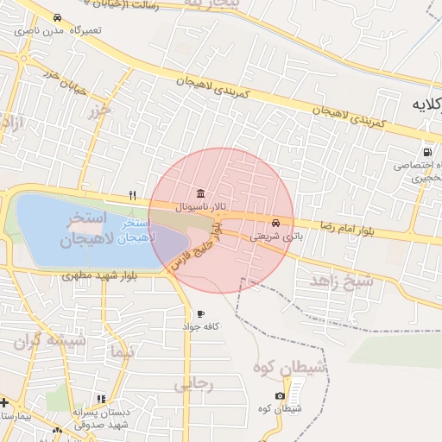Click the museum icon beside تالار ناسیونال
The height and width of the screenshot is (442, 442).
[x=200, y=193]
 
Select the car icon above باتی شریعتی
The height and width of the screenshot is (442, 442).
[x=275, y=221]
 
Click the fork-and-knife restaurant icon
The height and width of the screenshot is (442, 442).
[x=132, y=194]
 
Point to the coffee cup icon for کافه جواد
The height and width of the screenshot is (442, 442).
[x=200, y=313]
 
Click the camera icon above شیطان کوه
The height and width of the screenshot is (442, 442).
[x=279, y=395]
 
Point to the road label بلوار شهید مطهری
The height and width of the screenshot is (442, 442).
[x=95, y=276]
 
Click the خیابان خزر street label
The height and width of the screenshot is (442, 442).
[x=63, y=79]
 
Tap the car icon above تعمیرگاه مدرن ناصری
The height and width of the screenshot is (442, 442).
[x=57, y=17]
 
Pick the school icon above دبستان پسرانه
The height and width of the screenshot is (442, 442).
[x=101, y=399]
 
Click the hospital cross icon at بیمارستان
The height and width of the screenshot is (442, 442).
[x=4, y=402]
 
